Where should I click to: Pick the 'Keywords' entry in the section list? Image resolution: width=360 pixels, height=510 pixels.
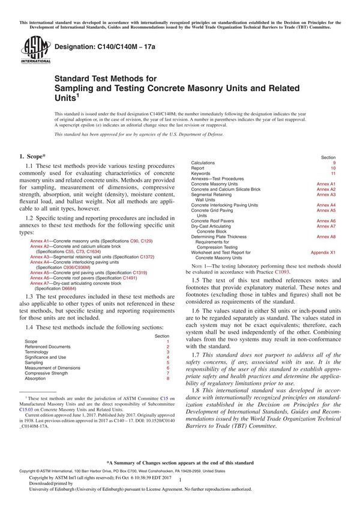pos(201,173)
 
